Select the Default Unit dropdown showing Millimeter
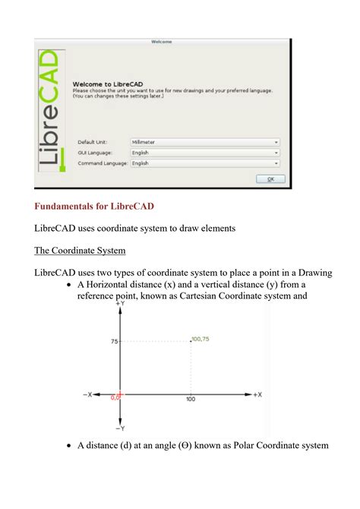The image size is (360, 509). coord(204,141)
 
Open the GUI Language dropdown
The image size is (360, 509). coord(204,152)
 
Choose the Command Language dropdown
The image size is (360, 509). coord(204,163)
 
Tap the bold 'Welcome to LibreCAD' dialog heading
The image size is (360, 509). coord(103,84)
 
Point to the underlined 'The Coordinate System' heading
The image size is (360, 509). coord(80,250)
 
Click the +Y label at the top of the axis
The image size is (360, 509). coord(120,302)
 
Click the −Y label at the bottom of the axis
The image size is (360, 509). coord(120,428)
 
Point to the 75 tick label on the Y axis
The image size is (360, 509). coord(114,342)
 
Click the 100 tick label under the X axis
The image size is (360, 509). coord(190,400)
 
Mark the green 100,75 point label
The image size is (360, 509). coord(201,339)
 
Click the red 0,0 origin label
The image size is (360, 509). coord(115,397)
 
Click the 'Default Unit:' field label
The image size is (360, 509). coord(93,141)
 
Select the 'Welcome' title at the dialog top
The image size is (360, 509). coord(161,42)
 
